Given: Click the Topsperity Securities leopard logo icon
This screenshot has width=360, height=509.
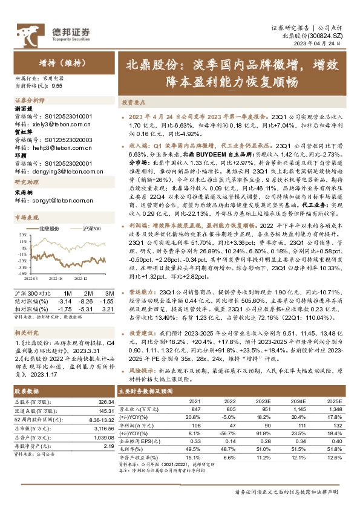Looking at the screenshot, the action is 27,33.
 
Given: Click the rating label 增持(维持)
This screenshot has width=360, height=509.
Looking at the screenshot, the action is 55,62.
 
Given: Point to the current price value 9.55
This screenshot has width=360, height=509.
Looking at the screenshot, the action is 57,86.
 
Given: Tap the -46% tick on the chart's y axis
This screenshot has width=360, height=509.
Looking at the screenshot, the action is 22,273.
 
